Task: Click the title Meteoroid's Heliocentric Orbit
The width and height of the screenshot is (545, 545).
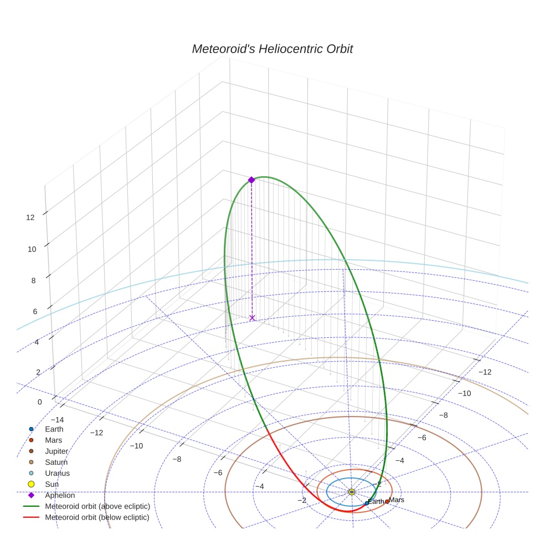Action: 272,49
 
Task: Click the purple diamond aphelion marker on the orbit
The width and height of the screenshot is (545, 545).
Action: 251,180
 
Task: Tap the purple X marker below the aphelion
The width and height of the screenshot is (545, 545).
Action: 253,318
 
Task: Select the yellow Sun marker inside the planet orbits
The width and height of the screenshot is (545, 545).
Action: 352,492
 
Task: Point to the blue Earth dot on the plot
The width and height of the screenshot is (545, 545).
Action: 367,503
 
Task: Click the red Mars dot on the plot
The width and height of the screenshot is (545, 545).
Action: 387,502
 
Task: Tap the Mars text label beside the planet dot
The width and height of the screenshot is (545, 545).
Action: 397,500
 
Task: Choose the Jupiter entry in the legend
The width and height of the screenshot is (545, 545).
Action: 56,451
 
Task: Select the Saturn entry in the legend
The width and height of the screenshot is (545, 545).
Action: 55,462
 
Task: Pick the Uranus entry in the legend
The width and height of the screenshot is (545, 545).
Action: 56,474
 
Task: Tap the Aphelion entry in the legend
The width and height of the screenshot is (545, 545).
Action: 59,496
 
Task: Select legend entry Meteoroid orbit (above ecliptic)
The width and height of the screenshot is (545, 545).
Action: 97,507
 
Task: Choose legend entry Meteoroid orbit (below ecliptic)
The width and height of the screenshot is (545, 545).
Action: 97,518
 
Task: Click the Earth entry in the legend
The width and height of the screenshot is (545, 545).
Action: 54,429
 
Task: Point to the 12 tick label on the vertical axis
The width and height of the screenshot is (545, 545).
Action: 30,218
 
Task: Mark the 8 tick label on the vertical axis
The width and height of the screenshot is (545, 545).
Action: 33,280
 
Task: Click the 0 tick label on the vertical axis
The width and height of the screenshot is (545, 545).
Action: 39,402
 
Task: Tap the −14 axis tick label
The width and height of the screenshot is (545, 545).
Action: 56,420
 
